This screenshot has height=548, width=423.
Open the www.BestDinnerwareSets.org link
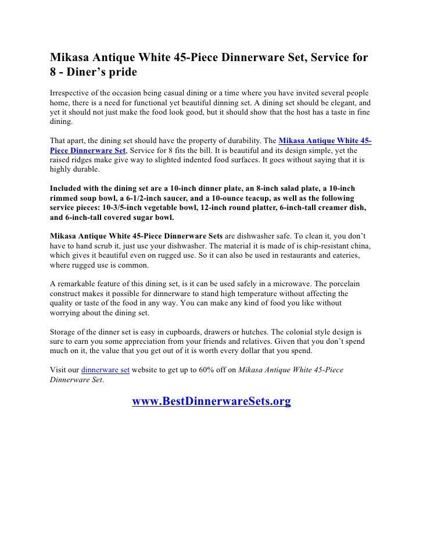coord(211,401)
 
